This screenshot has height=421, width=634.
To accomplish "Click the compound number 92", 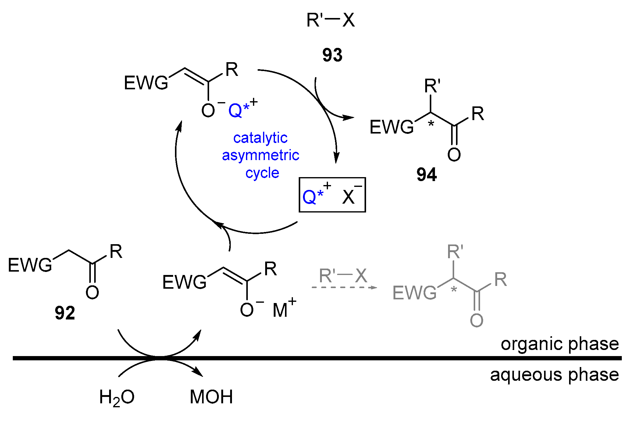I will pos(65,313).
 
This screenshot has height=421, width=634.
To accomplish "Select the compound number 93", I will pos(332,55).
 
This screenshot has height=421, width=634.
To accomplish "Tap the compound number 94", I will pos(426,175).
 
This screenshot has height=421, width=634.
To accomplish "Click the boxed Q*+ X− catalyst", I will pos(332,195).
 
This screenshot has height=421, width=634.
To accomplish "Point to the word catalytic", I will pos(260,138).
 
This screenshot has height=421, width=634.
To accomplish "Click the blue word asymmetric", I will pos(261,155).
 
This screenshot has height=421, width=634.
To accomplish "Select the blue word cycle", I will pos(262,173).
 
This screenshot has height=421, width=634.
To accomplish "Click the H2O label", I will pos(117,398).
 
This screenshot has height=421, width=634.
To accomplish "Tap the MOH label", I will pos(211,397).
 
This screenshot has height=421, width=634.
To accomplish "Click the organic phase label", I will pos(560,344).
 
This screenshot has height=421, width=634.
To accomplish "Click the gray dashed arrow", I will pos(344,287).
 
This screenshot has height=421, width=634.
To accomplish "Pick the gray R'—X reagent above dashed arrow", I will pos(343,276).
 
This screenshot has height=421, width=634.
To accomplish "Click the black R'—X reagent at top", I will pos(331,20).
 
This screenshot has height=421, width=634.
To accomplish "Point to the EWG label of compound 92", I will pos(30,265).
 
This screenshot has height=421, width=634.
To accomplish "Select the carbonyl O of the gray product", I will pos(476,320).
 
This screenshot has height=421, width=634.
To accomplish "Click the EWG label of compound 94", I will pos(392,127).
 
